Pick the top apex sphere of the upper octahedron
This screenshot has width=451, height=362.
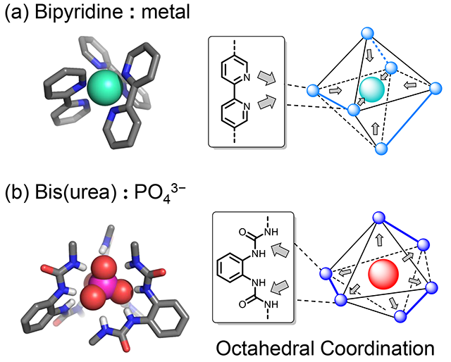point(366,32)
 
